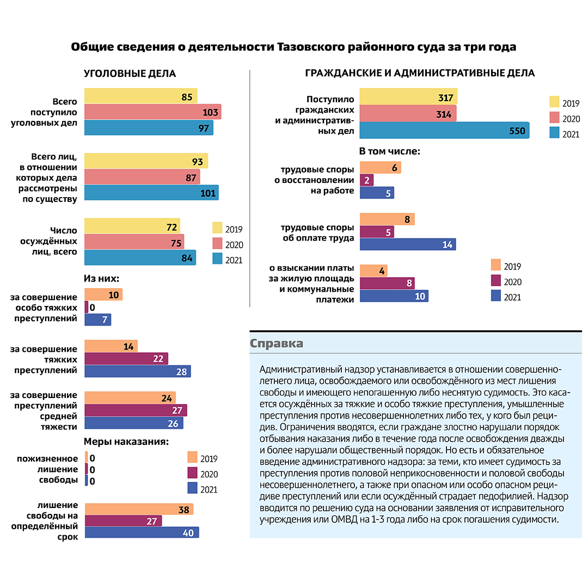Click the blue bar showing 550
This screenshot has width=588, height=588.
(x=444, y=131)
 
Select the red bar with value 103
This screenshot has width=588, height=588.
(x=152, y=112)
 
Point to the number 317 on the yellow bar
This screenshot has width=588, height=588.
(x=445, y=98)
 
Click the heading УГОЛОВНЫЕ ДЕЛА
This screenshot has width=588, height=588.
(x=130, y=73)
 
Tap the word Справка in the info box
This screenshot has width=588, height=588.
(x=277, y=344)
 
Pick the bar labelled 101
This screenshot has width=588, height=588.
(x=151, y=193)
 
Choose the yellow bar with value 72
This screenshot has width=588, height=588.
(x=132, y=226)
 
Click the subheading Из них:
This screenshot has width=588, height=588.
(x=101, y=279)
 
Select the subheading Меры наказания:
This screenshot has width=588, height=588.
(x=126, y=442)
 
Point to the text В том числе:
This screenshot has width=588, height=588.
(x=390, y=151)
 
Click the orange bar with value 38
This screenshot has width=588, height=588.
(x=139, y=509)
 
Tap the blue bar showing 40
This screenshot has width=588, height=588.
(x=142, y=532)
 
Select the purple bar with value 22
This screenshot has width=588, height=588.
(x=126, y=358)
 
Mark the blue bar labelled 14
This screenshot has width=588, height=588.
(x=408, y=244)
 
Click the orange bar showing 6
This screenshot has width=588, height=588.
(x=380, y=168)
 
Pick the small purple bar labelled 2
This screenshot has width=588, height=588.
(x=366, y=180)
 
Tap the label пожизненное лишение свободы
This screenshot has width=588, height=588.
(x=47, y=469)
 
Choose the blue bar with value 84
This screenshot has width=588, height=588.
(x=140, y=258)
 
